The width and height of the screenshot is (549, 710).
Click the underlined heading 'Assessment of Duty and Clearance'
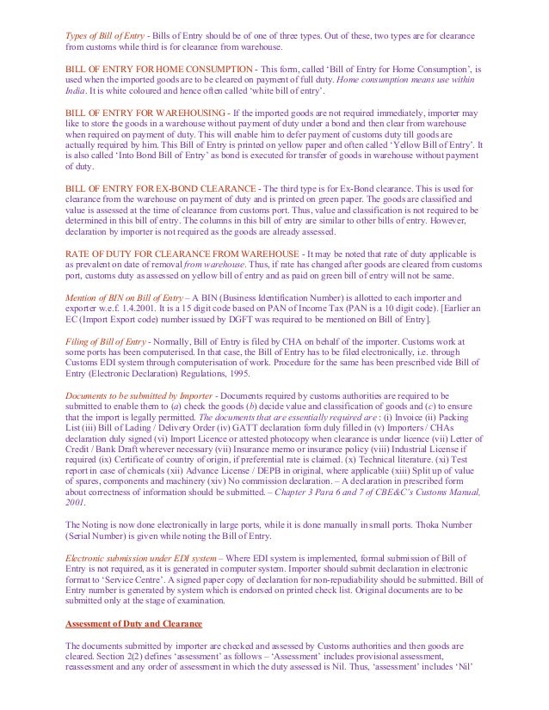pyautogui.click(x=133, y=621)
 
